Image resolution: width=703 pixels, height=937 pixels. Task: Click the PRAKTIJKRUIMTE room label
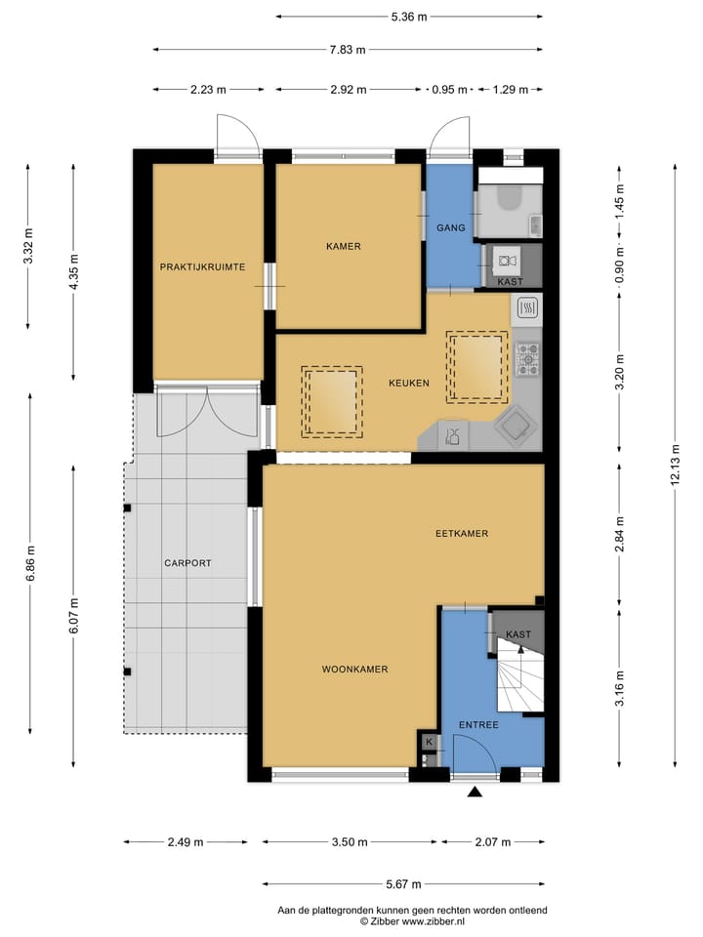pos(202,266)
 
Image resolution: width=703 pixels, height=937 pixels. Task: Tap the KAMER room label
pos(344,247)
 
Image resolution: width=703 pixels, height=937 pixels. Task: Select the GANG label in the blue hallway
pos(450,227)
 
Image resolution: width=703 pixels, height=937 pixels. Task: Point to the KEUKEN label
pos(409,384)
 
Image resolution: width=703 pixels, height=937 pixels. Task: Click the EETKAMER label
pos(462,534)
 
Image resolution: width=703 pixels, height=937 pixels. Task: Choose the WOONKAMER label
pos(355,670)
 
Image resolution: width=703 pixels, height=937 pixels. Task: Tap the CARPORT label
pos(187,563)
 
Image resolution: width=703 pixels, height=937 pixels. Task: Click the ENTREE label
pos(478,725)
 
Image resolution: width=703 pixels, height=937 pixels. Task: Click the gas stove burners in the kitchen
pos(528,358)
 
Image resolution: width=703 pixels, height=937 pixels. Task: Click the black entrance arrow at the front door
pos(476,794)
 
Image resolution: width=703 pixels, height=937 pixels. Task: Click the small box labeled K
pos(428,742)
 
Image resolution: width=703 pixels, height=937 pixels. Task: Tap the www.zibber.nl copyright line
pos(412,920)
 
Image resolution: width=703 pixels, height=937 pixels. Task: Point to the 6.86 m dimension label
pos(30,562)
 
